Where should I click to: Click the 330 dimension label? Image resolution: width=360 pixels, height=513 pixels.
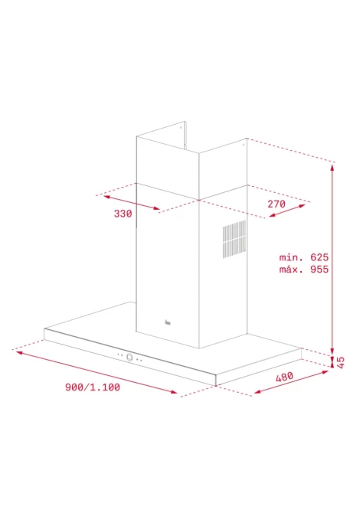(x=123, y=214)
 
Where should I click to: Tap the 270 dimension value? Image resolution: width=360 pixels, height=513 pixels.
(x=277, y=204)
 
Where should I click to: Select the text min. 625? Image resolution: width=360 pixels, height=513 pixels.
(x=304, y=257)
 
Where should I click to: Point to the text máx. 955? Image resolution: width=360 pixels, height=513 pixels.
(x=304, y=270)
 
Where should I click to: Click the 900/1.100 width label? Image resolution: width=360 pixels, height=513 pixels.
(x=93, y=387)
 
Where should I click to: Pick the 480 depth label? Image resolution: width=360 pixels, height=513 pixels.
(x=284, y=377)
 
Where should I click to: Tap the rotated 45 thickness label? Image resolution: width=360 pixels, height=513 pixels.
(x=341, y=362)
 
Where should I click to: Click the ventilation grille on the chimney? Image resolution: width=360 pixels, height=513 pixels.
(x=234, y=239)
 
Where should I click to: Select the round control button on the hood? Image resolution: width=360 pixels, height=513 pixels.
(x=129, y=358)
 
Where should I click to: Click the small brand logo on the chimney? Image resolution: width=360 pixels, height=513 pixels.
(x=168, y=322)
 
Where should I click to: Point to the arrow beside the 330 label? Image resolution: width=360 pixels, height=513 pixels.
(x=132, y=202)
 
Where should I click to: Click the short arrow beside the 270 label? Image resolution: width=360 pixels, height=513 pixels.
(x=287, y=211)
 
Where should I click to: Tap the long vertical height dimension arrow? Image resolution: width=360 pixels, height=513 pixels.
(x=332, y=260)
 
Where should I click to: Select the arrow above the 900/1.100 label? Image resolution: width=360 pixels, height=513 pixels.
(x=97, y=372)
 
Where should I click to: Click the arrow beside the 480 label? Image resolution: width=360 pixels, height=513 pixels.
(x=291, y=382)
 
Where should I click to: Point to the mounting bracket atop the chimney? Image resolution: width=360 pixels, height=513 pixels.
(x=185, y=135)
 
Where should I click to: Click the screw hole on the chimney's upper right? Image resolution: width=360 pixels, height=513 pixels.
(x=243, y=144)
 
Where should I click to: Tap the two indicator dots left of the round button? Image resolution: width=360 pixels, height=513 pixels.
(x=119, y=355)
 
